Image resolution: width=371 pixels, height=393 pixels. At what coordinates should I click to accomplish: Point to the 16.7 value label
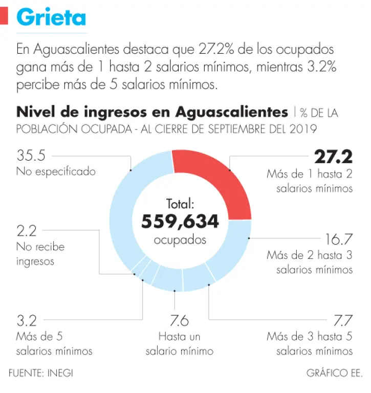pos(339,239)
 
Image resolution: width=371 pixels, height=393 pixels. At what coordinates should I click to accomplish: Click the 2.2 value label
pos(26,231)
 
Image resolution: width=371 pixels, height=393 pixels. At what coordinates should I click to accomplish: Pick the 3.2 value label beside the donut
pos(26,321)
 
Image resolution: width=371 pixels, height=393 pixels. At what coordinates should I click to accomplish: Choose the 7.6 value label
pos(180,321)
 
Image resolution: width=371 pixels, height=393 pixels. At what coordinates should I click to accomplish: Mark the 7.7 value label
pos(343,321)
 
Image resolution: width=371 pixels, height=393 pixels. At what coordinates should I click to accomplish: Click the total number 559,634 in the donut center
pos(180,222)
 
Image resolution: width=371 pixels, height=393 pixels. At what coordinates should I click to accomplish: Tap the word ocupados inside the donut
pos(180,239)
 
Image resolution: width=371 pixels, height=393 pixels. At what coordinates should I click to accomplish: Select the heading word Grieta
pos(51,18)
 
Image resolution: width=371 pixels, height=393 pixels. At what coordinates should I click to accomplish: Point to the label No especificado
pos(56,171)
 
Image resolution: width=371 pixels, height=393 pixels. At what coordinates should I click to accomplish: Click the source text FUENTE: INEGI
pos(40,373)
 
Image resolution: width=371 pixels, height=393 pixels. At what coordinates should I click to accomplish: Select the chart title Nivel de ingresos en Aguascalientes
pos(152,112)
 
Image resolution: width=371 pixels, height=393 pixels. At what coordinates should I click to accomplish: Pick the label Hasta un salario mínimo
pos(180,344)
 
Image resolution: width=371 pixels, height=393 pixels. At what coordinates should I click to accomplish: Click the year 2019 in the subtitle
pos(302,129)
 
